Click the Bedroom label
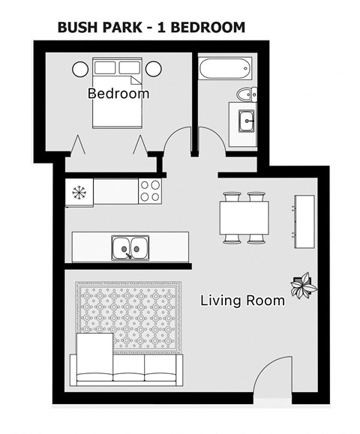tap(118, 94)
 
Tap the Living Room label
tap(242, 301)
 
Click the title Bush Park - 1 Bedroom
tap(151, 28)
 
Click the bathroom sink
tap(246, 120)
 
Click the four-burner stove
tap(151, 190)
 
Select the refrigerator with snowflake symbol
tap(79, 191)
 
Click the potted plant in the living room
tap(303, 286)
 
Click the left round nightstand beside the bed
tap(80, 69)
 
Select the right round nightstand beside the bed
tap(154, 69)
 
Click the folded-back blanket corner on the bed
tap(133, 79)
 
